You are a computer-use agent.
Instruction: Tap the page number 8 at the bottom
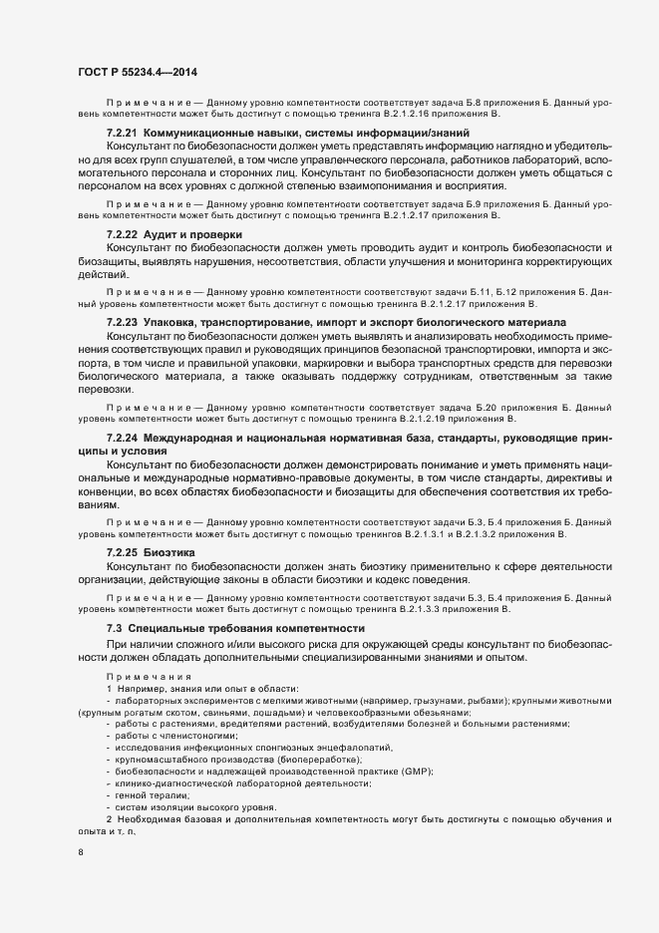click(x=80, y=854)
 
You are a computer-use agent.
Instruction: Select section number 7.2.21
click(x=123, y=134)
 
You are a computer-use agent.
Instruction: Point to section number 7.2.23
click(x=123, y=323)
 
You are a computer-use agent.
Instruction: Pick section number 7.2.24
click(x=123, y=439)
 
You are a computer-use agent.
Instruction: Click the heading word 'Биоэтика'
click(x=169, y=551)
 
